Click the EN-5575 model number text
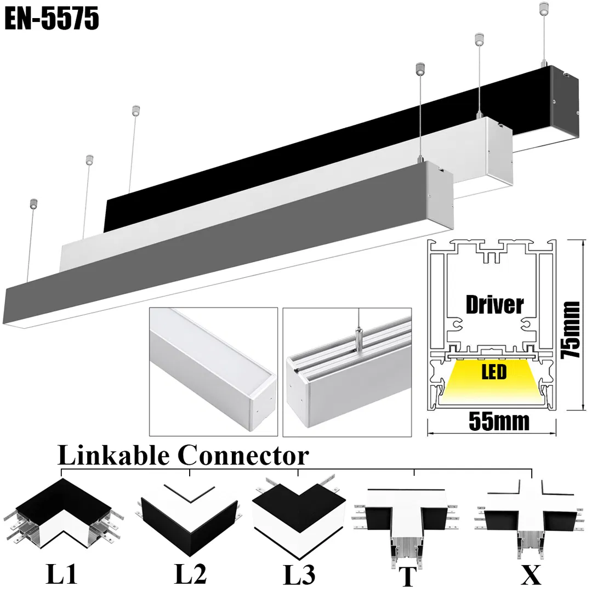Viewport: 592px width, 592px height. coord(53,19)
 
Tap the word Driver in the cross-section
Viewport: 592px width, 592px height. coord(494,305)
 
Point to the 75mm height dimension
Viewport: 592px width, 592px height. coord(572,329)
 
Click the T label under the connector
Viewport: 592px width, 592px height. coord(407,576)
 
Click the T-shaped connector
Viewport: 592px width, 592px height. coord(407,521)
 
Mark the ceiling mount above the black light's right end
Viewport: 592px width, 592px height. coord(543,8)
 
